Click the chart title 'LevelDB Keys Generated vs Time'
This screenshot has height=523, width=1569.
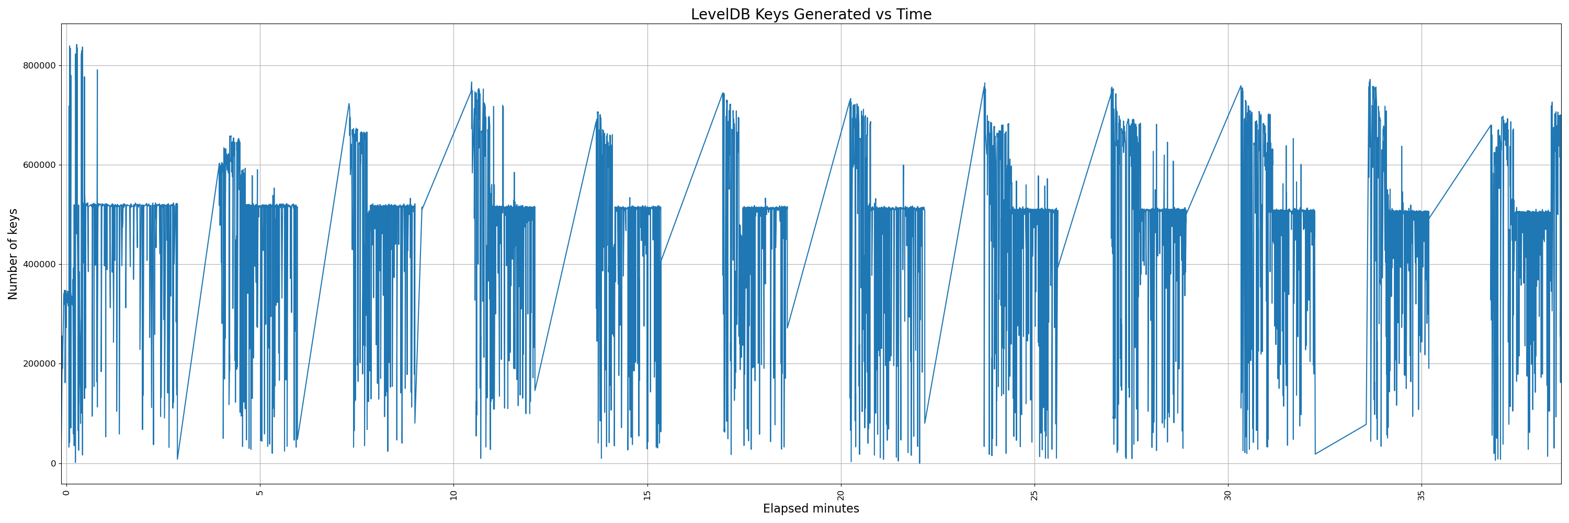[x=811, y=14]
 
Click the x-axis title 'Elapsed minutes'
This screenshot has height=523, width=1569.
[x=811, y=508]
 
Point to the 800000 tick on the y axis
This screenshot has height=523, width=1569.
[x=39, y=66]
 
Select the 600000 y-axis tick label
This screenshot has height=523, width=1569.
[x=39, y=165]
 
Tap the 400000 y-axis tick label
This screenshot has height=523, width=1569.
[x=39, y=264]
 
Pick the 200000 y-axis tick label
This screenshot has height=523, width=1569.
[x=39, y=364]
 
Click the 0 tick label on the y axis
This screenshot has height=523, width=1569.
[x=53, y=463]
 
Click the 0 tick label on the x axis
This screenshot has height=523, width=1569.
[x=66, y=493]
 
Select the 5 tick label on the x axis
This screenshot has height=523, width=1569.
[x=260, y=493]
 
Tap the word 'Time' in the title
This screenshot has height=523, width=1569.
[x=914, y=14]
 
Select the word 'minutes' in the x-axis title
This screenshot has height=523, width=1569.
[x=835, y=508]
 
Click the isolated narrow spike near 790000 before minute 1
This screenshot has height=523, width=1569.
[x=97, y=73]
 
